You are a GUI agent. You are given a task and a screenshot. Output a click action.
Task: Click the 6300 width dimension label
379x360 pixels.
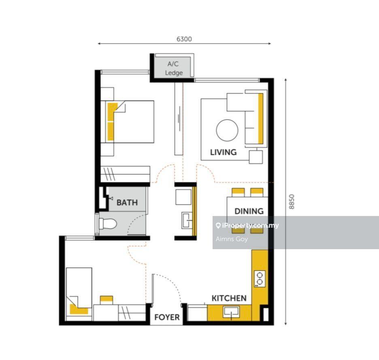point(184,39)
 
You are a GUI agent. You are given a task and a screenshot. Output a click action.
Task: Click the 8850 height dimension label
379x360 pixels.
point(292,201)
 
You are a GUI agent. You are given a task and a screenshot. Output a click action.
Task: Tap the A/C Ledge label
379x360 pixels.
point(174,68)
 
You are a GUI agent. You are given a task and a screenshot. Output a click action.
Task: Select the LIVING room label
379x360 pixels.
point(224,152)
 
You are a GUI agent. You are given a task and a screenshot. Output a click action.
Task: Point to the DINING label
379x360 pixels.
point(249,211)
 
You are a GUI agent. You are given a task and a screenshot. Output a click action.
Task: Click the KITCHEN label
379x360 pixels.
point(229,298)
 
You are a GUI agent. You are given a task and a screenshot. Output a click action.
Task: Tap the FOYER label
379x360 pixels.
point(167,317)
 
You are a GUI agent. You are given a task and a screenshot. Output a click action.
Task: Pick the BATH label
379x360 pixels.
point(127,203)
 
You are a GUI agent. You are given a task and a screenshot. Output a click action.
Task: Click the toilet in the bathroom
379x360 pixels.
point(107,224)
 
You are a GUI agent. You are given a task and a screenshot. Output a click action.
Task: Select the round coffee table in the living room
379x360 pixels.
point(227,130)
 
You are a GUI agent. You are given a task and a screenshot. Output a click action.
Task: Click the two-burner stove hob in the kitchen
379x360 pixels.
point(260,279)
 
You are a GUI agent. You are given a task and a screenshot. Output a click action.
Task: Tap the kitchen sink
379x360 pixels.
point(231,311)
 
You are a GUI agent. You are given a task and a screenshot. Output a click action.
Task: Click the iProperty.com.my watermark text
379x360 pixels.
point(247,226)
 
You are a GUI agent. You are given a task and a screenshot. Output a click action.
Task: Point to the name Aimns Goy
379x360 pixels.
point(232,239)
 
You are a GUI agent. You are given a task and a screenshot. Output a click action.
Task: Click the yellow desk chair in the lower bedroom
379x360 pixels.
point(106,300)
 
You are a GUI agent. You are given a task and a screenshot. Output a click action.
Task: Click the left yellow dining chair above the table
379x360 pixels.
point(238,193)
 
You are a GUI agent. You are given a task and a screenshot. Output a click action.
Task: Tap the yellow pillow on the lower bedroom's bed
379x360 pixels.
point(79,309)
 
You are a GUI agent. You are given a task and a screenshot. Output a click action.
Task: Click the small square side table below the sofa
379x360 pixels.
point(256,157)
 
